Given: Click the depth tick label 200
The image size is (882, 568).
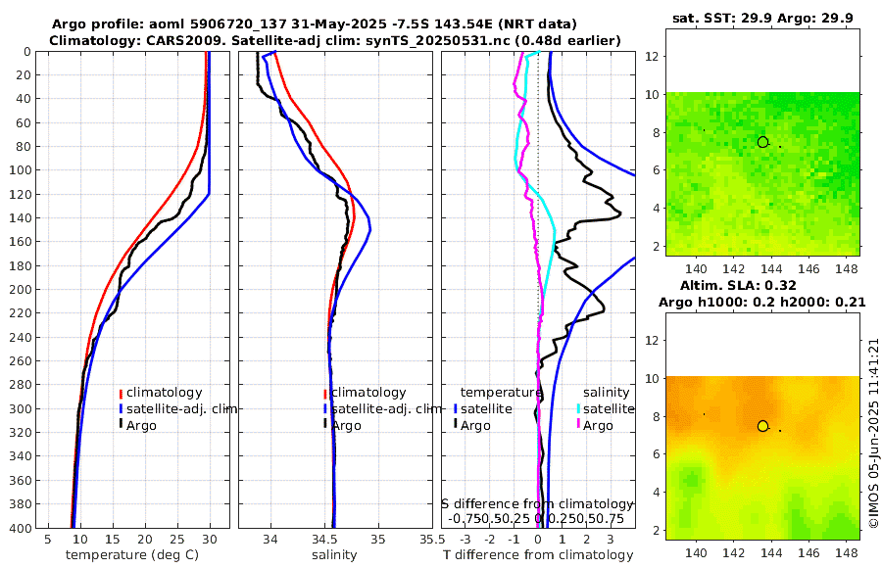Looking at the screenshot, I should pyautogui.click(x=19, y=290).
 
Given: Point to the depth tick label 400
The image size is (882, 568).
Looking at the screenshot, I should pyautogui.click(x=19, y=529).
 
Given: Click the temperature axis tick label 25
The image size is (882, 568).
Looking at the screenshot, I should pyautogui.click(x=177, y=540).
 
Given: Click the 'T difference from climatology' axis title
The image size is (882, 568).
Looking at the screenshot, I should pyautogui.click(x=538, y=555).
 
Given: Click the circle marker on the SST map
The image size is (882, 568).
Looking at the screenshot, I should pyautogui.click(x=762, y=142).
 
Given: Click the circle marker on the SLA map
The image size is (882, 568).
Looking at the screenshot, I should pyautogui.click(x=762, y=426).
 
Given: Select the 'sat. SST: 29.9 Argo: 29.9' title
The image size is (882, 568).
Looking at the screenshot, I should pyautogui.click(x=761, y=18).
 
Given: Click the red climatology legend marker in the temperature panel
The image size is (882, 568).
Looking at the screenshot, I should pyautogui.click(x=122, y=393).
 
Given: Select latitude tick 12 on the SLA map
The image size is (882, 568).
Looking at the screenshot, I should pyautogui.click(x=649, y=341).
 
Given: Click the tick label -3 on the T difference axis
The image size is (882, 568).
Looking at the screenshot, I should pyautogui.click(x=463, y=540).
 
